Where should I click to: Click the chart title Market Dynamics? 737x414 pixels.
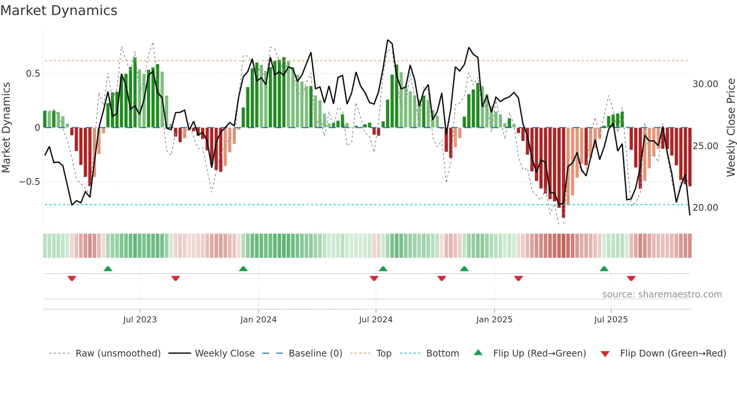[59, 11]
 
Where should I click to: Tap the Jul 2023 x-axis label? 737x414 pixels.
[140, 320]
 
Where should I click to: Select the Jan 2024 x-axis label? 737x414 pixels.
[258, 320]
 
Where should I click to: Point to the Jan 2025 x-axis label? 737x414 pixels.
[494, 320]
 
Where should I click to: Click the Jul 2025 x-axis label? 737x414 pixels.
[611, 320]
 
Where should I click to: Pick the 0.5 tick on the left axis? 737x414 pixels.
[33, 74]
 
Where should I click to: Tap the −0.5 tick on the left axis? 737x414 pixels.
[29, 182]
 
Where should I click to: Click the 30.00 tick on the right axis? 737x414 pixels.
[705, 84]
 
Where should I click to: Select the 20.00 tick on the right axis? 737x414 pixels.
[705, 208]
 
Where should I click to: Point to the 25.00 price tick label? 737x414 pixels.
[705, 146]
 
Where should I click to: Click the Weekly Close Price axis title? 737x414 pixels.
[731, 127]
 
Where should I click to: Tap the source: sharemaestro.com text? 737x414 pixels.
[662, 295]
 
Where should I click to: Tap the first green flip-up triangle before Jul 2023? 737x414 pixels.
[108, 269]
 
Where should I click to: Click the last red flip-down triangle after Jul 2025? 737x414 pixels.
[631, 278]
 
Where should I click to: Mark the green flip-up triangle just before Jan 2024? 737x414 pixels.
[243, 269]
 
